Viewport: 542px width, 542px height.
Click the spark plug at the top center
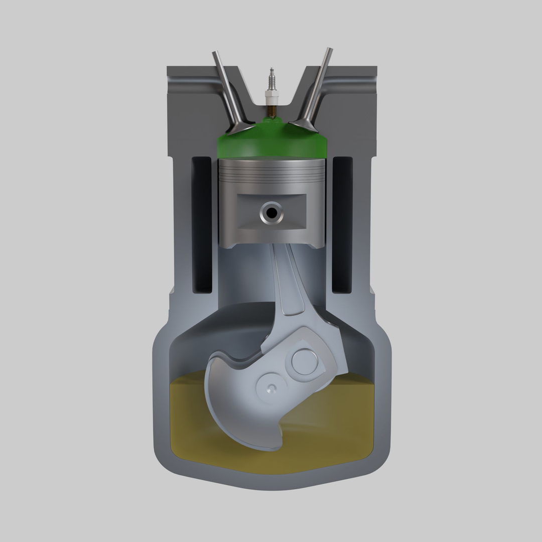[272, 90]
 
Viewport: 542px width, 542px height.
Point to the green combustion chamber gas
[272, 143]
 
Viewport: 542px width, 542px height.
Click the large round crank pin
[304, 360]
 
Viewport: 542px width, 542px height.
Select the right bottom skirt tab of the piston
[315, 244]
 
